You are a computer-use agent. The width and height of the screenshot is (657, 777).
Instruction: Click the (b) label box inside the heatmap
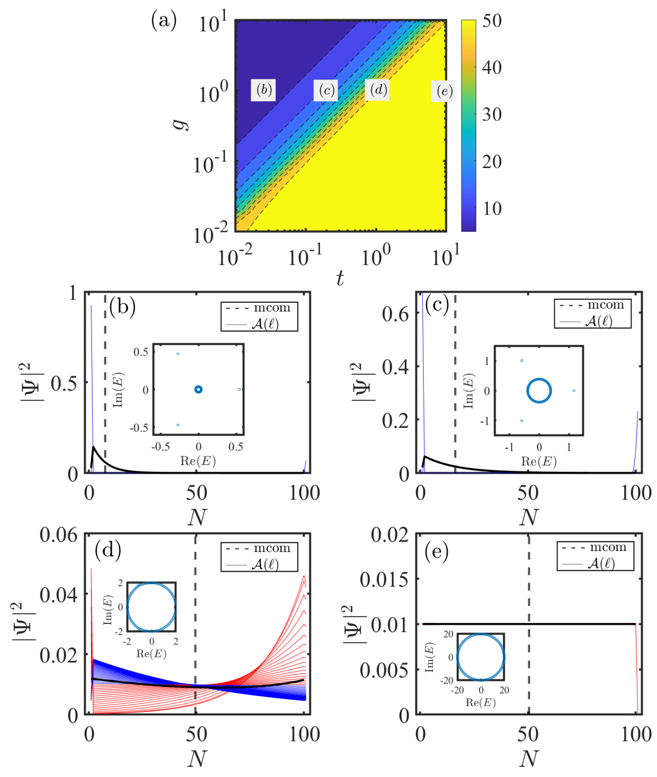click(x=263, y=90)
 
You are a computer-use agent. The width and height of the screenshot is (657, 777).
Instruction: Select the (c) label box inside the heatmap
click(x=326, y=90)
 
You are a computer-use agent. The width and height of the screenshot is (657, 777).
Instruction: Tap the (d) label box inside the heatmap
click(x=377, y=90)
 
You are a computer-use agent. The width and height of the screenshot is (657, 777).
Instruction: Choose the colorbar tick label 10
click(x=492, y=208)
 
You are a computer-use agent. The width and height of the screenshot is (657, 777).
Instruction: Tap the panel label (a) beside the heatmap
click(x=164, y=20)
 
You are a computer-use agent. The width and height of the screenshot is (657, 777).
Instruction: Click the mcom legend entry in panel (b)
click(x=259, y=308)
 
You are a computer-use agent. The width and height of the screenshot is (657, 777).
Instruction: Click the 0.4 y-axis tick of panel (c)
click(x=395, y=367)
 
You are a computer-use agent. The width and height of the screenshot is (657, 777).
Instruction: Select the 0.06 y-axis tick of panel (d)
click(x=59, y=535)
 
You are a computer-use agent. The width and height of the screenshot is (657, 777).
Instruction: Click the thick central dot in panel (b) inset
click(x=198, y=389)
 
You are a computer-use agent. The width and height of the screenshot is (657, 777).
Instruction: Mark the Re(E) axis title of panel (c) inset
click(x=539, y=462)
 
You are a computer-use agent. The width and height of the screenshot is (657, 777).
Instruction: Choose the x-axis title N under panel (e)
click(x=529, y=758)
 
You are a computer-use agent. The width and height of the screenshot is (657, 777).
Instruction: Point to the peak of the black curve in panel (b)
click(x=93, y=446)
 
